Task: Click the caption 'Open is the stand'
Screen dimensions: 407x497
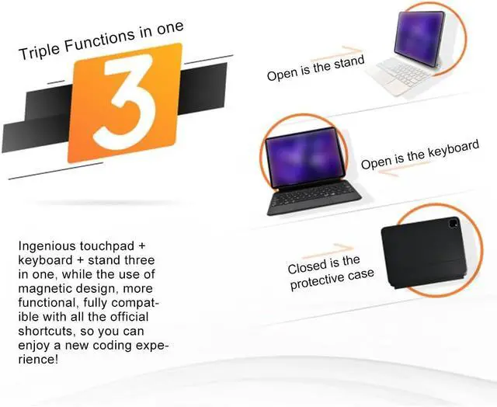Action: point(315,68)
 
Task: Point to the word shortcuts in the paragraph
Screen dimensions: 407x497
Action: point(45,332)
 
